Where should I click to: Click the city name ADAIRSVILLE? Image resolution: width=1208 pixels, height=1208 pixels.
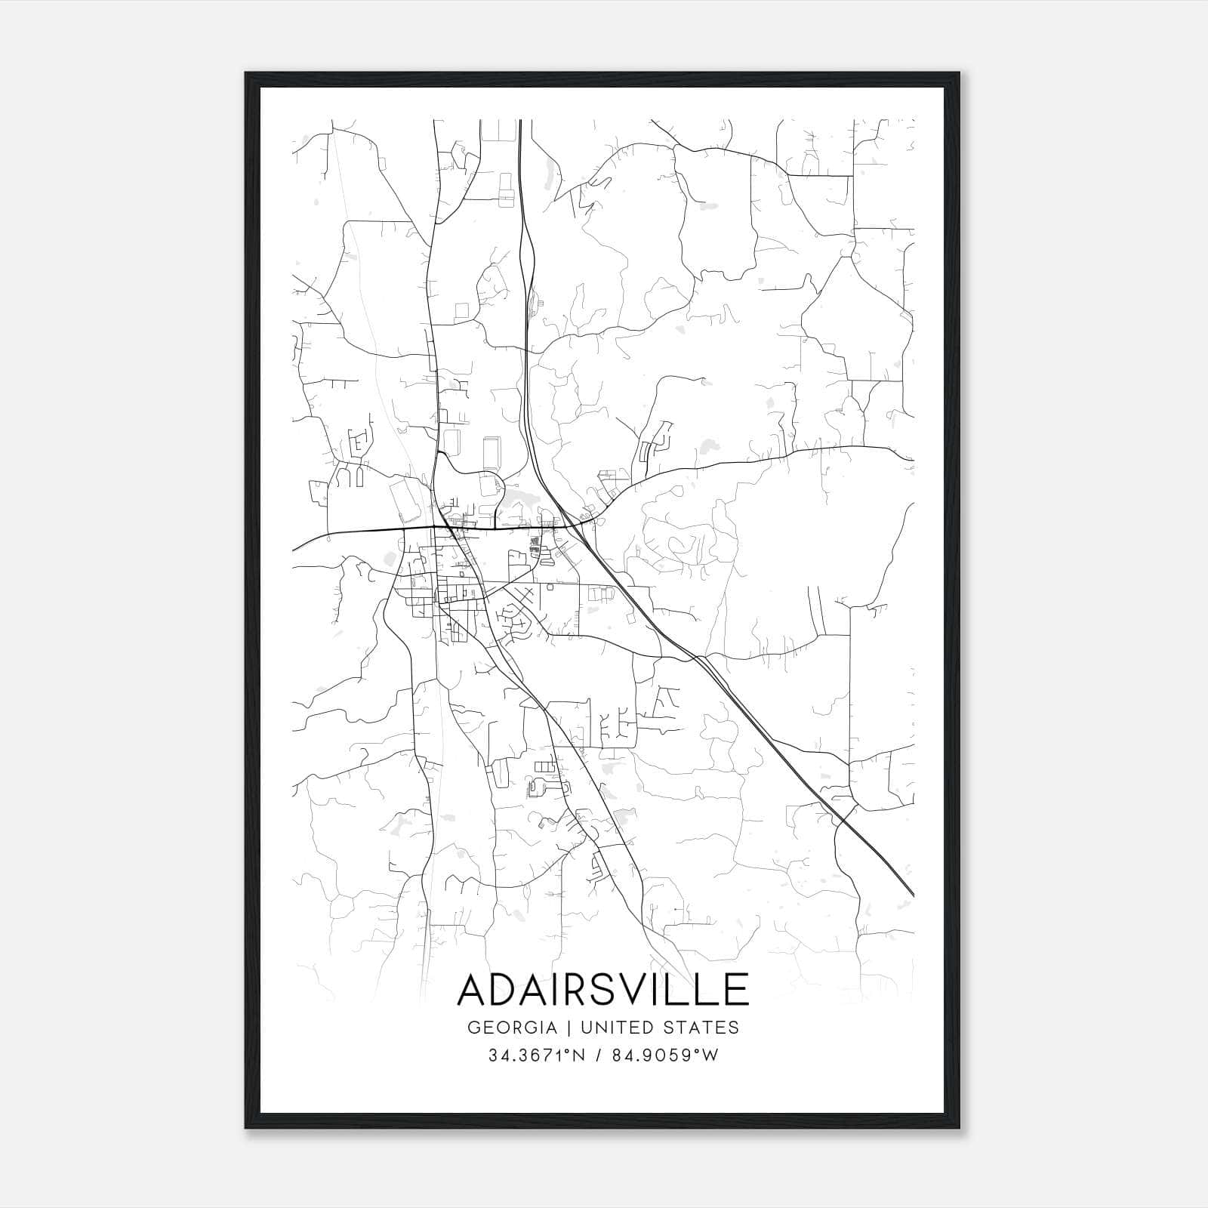click(602, 991)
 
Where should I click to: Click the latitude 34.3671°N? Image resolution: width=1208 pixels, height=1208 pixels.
click(536, 1055)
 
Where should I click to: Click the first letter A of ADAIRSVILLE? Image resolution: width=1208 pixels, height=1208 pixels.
click(475, 991)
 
